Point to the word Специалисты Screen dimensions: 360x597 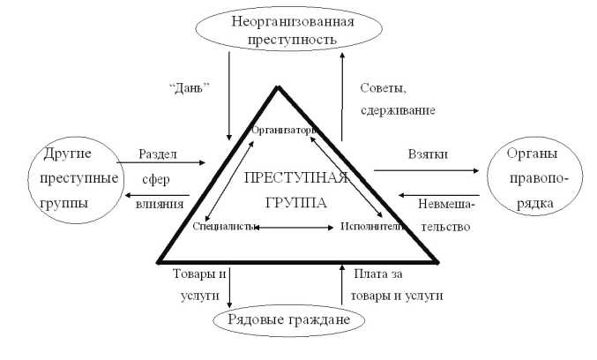pyautogui.click(x=225, y=227)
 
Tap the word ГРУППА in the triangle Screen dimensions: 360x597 pyautogui.click(x=296, y=201)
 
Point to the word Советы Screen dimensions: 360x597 pyautogui.click(x=381, y=88)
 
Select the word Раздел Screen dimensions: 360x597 pyautogui.click(x=159, y=154)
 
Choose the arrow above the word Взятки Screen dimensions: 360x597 pyautogui.click(x=423, y=168)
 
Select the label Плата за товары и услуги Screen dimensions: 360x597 pyautogui.click(x=398, y=284)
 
